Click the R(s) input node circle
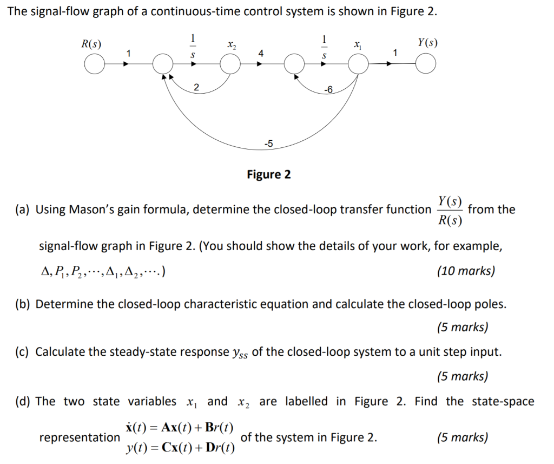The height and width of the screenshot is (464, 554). point(95,65)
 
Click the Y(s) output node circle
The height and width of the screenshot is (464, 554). point(426,65)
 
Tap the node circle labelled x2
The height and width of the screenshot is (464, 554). point(231,65)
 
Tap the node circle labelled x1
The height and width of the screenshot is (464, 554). point(358,65)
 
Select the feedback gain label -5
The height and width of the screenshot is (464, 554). point(268,143)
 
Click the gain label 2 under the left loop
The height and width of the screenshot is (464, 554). point(196,87)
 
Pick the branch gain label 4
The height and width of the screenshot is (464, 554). point(261,54)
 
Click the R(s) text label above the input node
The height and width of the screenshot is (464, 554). point(91,43)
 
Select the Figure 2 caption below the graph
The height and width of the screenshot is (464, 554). point(268,174)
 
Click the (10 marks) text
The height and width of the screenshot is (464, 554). point(465,271)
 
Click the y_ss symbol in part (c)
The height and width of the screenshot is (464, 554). point(241,353)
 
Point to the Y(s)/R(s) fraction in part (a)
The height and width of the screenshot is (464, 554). point(450,210)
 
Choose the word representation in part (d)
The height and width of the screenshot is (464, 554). point(79,437)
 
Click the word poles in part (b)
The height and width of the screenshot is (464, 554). point(490,304)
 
